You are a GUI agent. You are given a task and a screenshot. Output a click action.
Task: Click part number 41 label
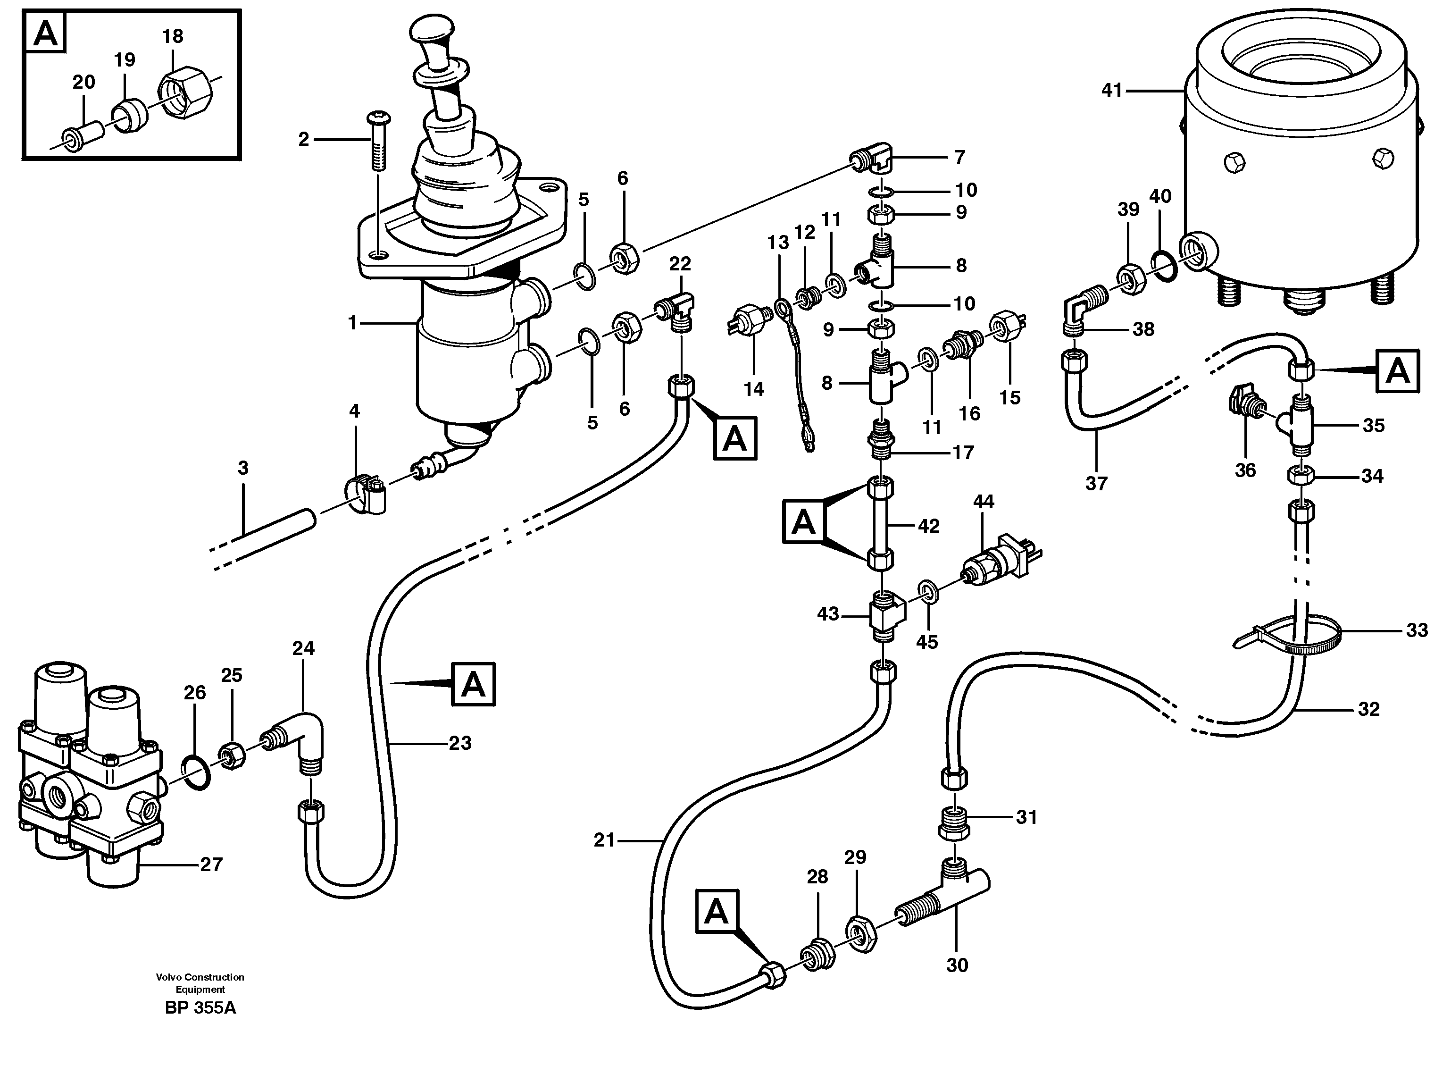[x=1112, y=91]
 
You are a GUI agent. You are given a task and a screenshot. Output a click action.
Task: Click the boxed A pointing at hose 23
[x=473, y=684]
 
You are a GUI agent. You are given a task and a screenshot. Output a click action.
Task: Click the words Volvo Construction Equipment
[x=200, y=983]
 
